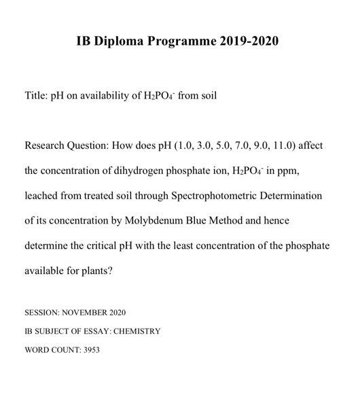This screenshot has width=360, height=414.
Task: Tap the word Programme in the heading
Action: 181,41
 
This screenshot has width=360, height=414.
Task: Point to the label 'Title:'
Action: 35,96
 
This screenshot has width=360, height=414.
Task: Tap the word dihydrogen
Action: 125,171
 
